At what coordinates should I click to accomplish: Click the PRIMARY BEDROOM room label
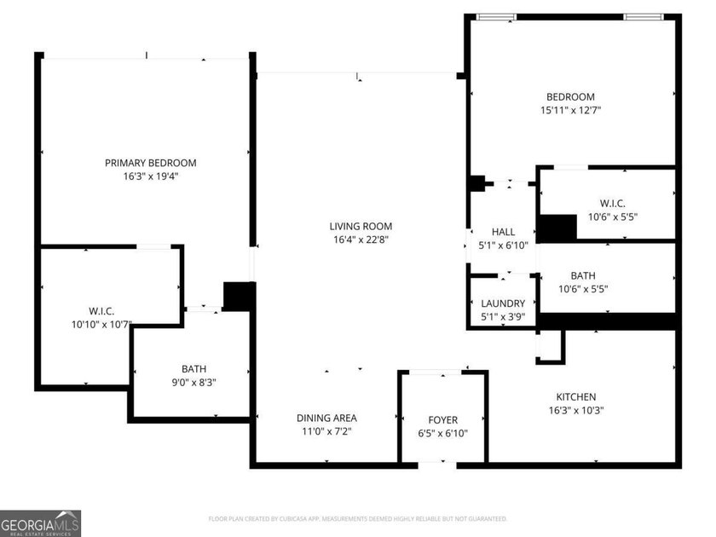point(151,163)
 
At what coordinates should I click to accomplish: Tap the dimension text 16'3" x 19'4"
point(151,176)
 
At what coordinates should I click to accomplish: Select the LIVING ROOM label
point(361,226)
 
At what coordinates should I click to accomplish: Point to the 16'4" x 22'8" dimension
point(361,240)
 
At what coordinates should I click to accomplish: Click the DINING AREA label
point(326,418)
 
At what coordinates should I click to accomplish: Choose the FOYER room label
point(442,419)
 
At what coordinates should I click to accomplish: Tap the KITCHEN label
point(576,396)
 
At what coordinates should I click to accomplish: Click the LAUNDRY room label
point(503,303)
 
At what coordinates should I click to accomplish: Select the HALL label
point(503,232)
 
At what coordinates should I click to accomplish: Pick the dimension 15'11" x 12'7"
point(571,110)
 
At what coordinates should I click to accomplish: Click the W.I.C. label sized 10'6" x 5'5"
point(612,203)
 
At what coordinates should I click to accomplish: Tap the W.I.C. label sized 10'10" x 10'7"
point(101,311)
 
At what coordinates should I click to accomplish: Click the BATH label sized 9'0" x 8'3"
point(193,369)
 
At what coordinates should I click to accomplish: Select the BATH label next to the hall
point(583,275)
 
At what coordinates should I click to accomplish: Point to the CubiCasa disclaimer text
point(358,518)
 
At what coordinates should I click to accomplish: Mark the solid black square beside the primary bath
point(238,296)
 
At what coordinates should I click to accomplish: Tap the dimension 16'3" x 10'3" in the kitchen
point(576,410)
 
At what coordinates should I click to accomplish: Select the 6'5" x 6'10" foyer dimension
point(442,433)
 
